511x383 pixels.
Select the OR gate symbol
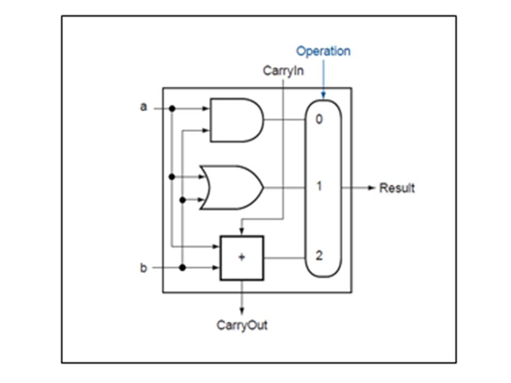[232, 187]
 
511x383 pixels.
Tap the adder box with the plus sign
[242, 258]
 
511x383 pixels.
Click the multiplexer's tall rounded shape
[323, 223]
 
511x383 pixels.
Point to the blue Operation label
[323, 52]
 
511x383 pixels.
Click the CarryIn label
[283, 71]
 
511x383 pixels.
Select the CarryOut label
[242, 325]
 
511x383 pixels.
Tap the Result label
[397, 188]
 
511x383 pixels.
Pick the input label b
[143, 268]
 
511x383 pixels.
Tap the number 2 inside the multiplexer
[319, 256]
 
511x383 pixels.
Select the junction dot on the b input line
[183, 268]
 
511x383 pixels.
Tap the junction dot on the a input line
[171, 109]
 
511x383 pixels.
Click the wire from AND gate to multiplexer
[284, 120]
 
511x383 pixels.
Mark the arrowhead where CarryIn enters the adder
[242, 232]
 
